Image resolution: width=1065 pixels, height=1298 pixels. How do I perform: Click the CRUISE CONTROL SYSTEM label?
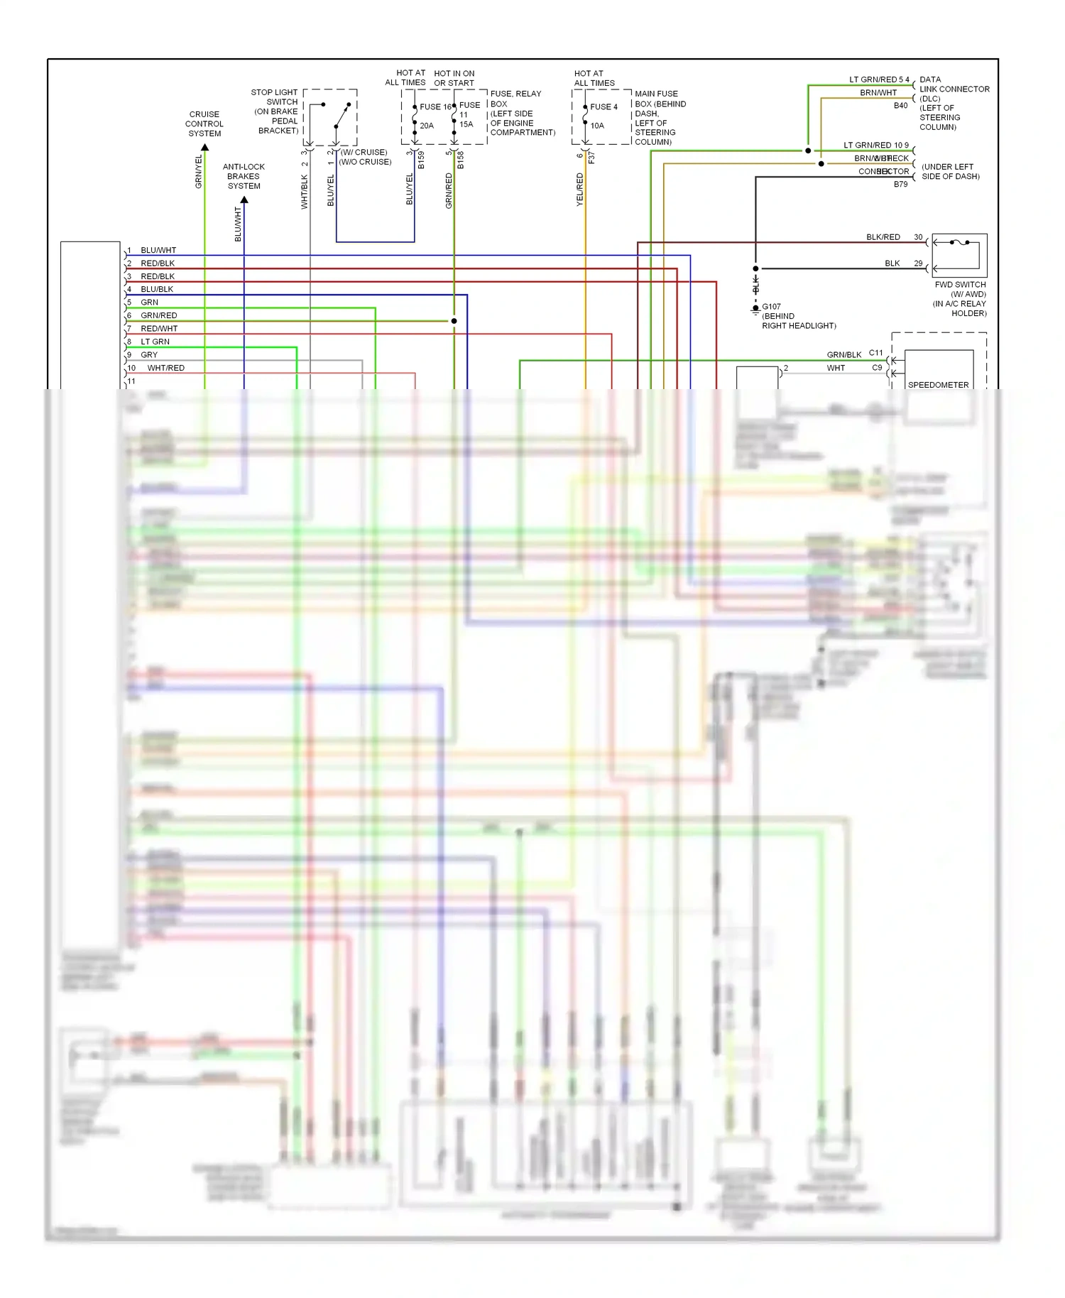point(204,124)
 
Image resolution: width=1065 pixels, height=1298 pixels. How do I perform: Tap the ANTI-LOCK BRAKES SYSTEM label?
point(244,176)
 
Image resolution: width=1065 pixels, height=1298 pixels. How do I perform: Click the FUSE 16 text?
point(435,107)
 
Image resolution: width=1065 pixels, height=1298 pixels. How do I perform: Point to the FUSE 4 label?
point(603,107)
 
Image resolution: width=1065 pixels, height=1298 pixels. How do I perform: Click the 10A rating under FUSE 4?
point(597,126)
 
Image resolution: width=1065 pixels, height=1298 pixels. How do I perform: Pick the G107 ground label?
point(772,307)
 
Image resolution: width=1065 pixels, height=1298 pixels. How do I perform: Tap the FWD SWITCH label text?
point(960,285)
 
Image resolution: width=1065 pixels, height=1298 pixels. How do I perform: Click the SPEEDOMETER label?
point(938,385)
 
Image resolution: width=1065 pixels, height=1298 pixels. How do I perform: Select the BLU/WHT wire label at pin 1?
point(158,250)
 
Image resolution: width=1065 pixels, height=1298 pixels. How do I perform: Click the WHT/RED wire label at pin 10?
point(165,368)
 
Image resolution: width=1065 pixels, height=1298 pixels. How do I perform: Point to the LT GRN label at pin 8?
point(155,342)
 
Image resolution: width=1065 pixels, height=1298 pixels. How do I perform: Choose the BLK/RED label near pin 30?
point(883,237)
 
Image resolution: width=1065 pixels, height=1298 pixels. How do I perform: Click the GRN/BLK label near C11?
point(843,354)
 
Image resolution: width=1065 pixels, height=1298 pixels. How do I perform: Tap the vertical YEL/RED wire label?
point(579,190)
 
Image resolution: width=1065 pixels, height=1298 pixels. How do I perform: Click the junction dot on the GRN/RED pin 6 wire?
point(454,321)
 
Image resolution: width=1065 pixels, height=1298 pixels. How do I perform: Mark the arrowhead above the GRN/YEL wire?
point(204,148)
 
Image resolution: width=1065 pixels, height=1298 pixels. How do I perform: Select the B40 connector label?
point(900,105)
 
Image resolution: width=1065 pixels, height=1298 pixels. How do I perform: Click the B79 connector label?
point(900,184)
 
